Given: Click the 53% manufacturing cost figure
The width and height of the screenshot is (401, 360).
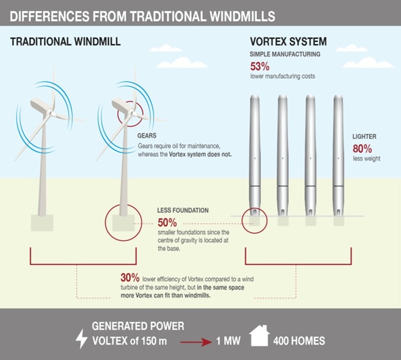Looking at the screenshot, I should pos(259,66).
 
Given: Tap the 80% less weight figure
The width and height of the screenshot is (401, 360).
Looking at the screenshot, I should pos(362,148).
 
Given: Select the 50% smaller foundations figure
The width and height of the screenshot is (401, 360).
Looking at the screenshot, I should pos(167,222).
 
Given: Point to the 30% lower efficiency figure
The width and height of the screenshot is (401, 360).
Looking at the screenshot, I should pos(130,278).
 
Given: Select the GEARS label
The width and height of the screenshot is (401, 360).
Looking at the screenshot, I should pos(147,135).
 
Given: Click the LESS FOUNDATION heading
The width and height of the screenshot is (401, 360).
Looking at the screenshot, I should pos(183,210).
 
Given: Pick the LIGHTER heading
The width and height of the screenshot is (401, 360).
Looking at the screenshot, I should pos(364,136).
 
